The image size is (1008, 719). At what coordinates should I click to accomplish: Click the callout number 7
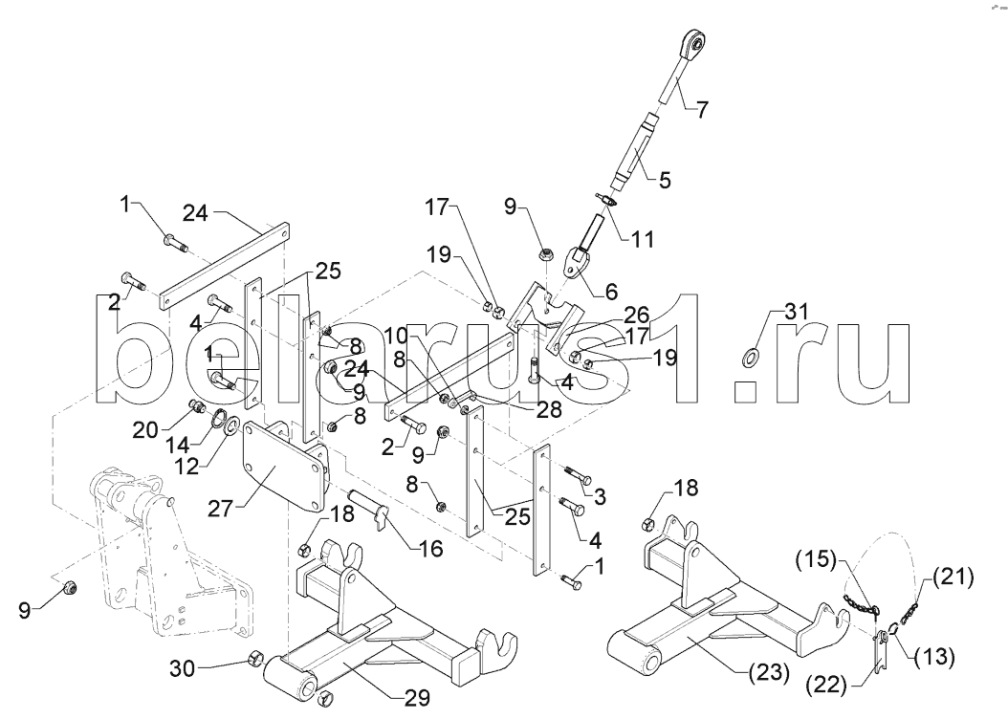(x=703, y=110)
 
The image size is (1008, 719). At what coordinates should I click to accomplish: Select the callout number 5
(x=664, y=180)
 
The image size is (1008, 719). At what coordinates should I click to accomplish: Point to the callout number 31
(x=796, y=313)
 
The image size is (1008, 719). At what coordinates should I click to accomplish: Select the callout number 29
(x=416, y=698)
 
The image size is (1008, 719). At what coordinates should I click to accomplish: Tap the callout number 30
(x=184, y=668)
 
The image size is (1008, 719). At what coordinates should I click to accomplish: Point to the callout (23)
(x=768, y=673)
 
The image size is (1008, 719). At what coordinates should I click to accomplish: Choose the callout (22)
(x=827, y=686)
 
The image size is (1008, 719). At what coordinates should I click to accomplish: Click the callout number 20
(x=145, y=429)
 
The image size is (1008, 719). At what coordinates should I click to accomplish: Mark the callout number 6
(x=610, y=292)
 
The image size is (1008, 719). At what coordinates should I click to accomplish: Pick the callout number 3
(x=599, y=496)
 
